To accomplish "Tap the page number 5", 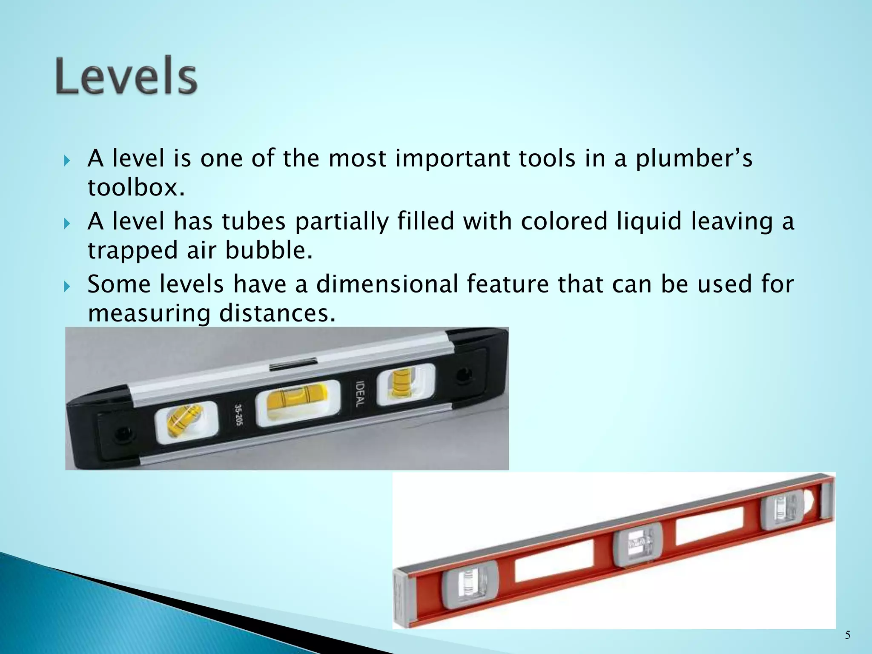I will (x=847, y=635).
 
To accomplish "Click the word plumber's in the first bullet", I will (x=694, y=159).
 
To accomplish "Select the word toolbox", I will (x=136, y=187).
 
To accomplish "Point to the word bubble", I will (x=269, y=250).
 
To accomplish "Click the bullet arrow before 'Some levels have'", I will (x=67, y=287).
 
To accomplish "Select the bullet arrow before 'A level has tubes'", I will (x=67, y=224).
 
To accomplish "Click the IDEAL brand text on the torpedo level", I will (x=360, y=394).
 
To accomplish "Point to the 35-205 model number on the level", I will (x=239, y=416).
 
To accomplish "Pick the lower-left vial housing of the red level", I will (x=470, y=584).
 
